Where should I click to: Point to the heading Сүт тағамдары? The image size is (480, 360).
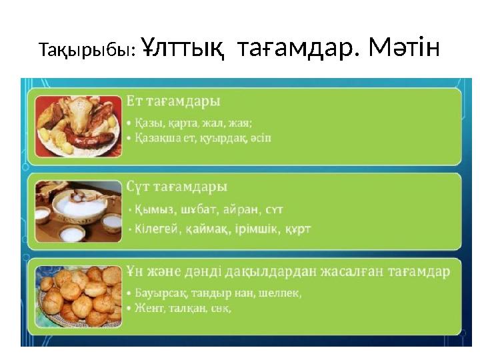[177, 186]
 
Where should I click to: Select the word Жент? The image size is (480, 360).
[147, 309]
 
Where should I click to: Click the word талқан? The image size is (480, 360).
[185, 309]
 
